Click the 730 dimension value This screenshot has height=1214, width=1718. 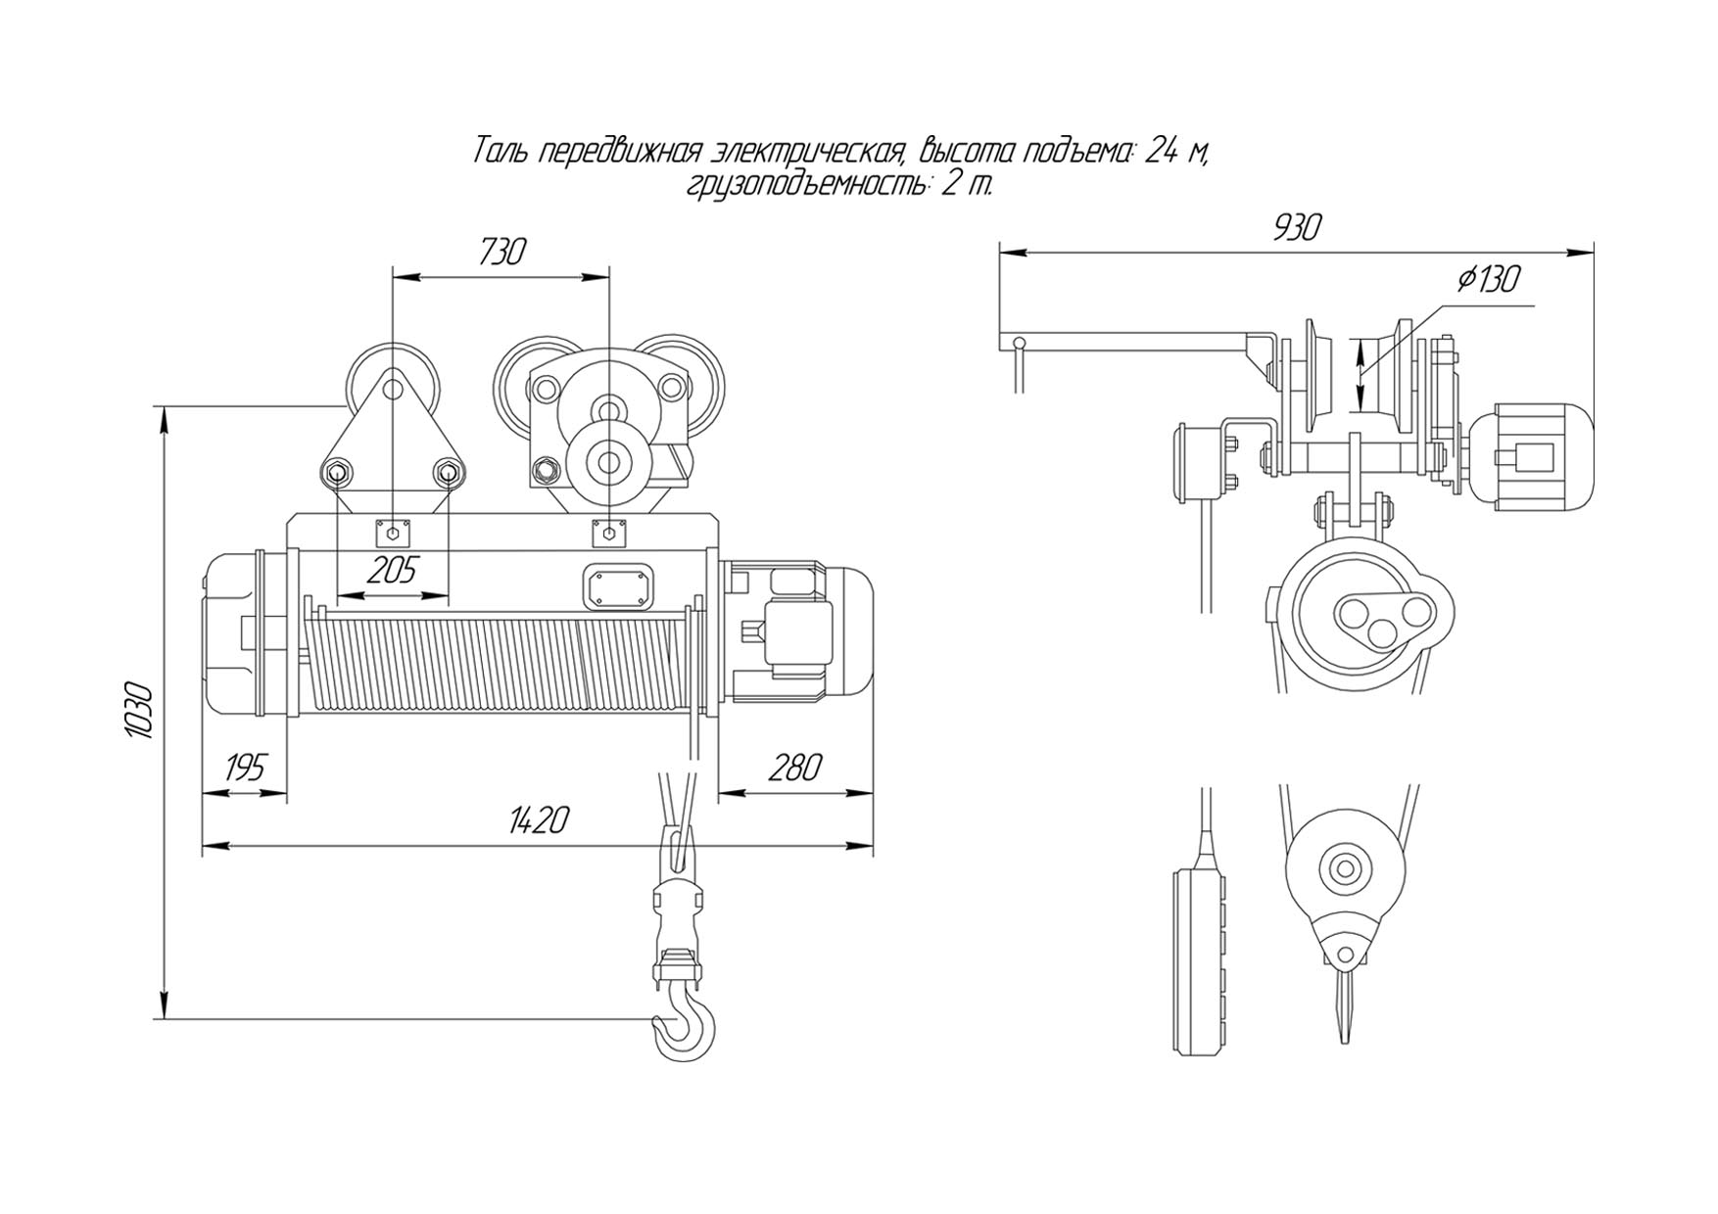click(502, 252)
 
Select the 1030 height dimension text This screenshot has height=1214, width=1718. click(140, 709)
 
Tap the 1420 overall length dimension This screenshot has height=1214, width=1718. click(538, 819)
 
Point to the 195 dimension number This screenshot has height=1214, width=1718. click(244, 769)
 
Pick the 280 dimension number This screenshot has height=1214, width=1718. click(794, 769)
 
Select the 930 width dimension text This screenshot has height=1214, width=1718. click(1297, 227)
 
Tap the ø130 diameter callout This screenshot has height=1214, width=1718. click(1489, 280)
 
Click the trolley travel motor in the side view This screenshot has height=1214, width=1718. click(1526, 457)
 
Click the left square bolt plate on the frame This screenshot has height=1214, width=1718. click(393, 534)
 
